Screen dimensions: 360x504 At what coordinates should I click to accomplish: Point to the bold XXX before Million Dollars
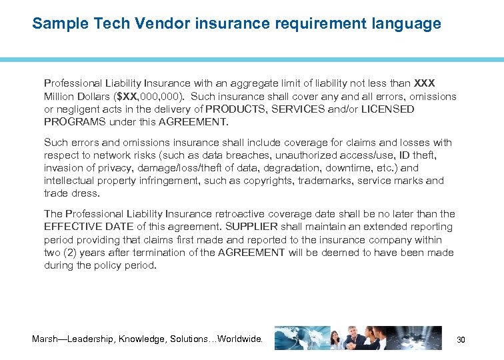(425, 83)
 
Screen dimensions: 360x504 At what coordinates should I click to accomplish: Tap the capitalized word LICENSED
(388, 109)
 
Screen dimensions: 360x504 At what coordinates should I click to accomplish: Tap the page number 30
(460, 340)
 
